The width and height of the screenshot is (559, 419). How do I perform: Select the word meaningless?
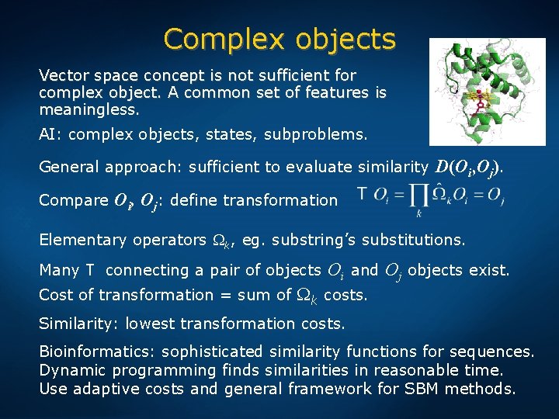tap(89, 109)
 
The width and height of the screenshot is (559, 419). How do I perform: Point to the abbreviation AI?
tap(50, 134)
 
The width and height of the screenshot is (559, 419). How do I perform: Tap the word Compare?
tap(74, 200)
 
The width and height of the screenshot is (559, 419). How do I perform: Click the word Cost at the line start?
tap(54, 295)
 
